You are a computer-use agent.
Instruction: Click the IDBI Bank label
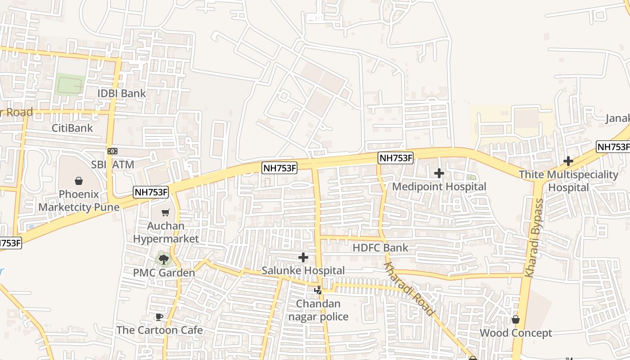point(122,94)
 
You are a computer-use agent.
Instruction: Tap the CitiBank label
point(72,128)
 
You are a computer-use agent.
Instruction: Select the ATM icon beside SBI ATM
point(112,151)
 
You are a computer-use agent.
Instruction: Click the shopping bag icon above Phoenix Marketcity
point(79,181)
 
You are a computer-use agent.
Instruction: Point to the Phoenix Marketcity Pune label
point(79,201)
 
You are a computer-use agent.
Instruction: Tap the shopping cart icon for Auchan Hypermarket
point(166,212)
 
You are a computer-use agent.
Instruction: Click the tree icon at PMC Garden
point(163,259)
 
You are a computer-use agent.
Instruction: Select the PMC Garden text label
point(164,273)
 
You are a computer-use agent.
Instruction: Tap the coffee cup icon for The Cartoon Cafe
point(158,317)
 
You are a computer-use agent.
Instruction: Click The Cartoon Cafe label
point(159,330)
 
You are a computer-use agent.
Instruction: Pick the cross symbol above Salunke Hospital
point(303,257)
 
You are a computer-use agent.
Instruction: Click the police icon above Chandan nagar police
point(318,290)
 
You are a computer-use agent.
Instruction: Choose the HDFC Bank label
point(380,247)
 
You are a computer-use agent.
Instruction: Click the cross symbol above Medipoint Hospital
point(439,173)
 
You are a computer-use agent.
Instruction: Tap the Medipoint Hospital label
point(439,186)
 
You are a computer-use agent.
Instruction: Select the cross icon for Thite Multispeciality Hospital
point(568,161)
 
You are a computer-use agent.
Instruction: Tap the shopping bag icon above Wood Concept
point(516,319)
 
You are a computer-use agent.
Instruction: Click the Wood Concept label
point(516,333)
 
